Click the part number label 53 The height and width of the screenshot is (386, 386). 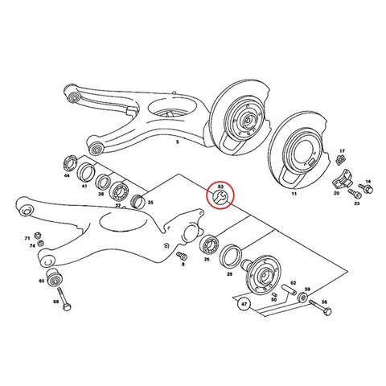(x=220, y=187)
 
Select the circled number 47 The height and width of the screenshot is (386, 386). (x=244, y=305)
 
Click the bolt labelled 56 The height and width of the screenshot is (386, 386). (x=321, y=308)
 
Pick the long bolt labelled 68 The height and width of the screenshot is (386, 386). (x=64, y=299)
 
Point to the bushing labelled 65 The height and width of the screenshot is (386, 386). (x=54, y=277)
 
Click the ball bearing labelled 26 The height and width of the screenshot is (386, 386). (x=211, y=244)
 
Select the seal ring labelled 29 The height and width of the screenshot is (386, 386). (x=231, y=256)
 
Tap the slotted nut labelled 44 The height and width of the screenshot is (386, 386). (x=71, y=163)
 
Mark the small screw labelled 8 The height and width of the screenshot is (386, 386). (x=182, y=256)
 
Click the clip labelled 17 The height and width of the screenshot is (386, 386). (x=341, y=160)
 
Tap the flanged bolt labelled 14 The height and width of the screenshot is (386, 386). (x=366, y=188)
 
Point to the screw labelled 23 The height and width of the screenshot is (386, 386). (x=355, y=193)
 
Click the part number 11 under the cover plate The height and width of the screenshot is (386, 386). (x=294, y=194)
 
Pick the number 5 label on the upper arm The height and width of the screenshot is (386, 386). (x=177, y=142)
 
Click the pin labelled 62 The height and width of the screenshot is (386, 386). (x=289, y=290)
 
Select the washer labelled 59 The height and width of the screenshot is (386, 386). (x=303, y=298)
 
